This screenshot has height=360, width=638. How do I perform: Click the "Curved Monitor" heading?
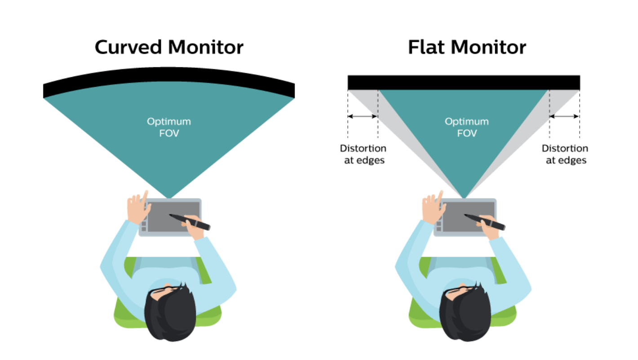click(169, 47)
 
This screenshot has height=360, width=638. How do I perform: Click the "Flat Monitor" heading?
click(467, 47)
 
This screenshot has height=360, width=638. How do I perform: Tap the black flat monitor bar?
click(464, 82)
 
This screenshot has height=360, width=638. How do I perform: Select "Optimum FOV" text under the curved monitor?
click(169, 127)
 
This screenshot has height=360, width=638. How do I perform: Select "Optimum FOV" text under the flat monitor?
click(467, 127)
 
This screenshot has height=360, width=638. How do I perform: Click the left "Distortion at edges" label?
click(363, 154)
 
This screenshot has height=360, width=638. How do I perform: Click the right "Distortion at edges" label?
click(565, 154)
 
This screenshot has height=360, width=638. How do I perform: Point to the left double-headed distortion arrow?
click(363, 116)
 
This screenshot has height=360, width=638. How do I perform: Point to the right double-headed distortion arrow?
click(564, 116)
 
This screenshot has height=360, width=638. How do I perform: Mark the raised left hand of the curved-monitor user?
click(137, 208)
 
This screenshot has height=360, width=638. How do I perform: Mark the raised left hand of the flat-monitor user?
click(432, 208)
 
